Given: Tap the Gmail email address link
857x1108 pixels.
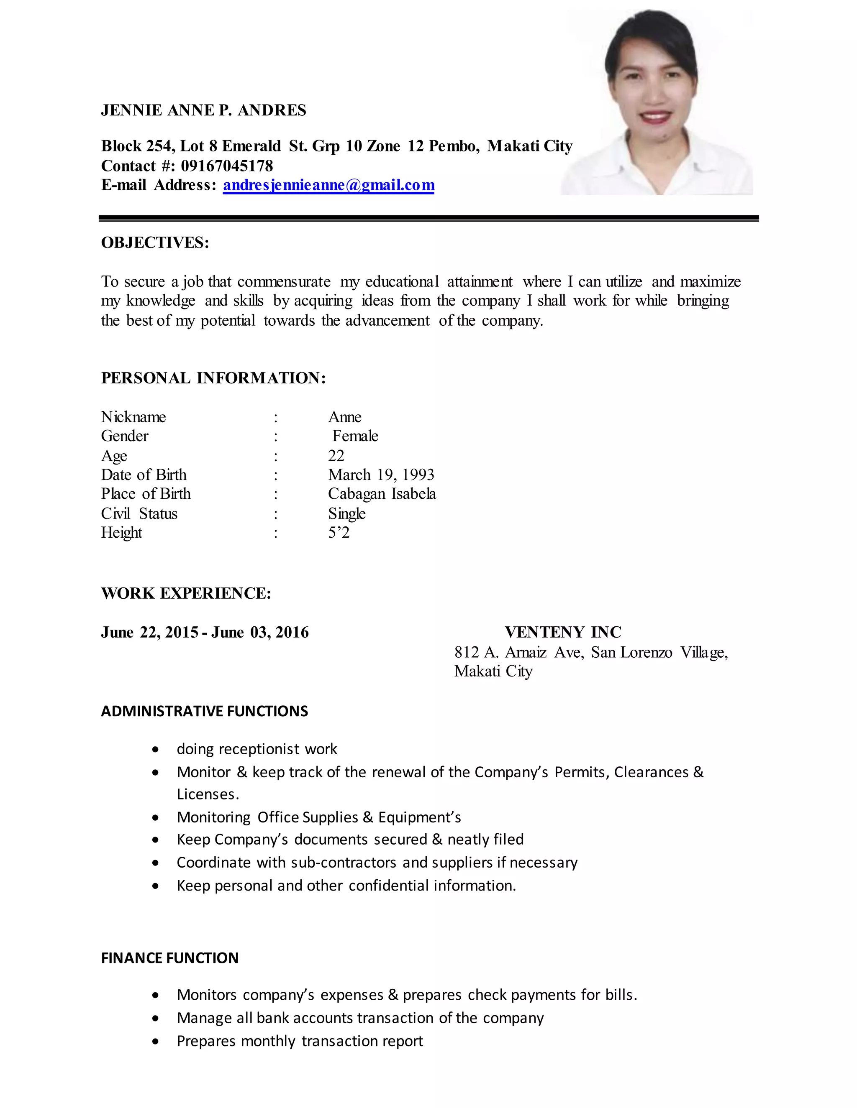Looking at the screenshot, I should (328, 185).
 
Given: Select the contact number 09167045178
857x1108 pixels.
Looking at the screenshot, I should (227, 166).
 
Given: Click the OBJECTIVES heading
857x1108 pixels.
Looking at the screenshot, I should (155, 243).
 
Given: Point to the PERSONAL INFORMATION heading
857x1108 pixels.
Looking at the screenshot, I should (213, 378).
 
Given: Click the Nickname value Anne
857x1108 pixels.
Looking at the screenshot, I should (345, 417).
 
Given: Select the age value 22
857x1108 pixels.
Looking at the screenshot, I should (336, 456).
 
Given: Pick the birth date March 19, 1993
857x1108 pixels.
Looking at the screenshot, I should (381, 475).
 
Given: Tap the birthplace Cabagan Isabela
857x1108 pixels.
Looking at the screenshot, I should (382, 494).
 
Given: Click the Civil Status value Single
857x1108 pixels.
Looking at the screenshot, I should (347, 513).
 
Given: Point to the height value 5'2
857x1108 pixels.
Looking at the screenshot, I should (339, 533).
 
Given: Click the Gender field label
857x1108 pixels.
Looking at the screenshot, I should (125, 436).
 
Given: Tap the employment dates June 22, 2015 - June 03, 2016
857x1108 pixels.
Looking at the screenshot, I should (205, 633).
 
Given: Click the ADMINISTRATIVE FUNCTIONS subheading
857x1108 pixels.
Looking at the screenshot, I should (204, 711).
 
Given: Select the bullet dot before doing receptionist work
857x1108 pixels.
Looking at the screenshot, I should (155, 750).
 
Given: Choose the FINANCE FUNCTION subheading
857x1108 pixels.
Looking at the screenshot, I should (169, 958).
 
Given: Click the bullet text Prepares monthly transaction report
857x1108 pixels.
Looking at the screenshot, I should (300, 1041).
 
